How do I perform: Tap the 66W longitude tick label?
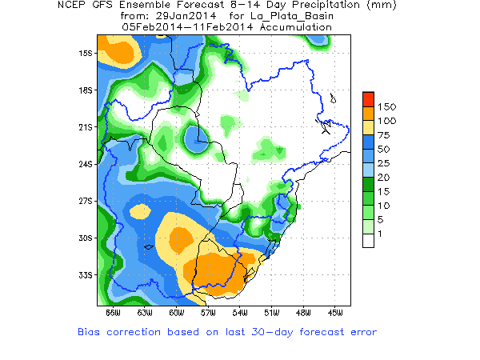point(112,312)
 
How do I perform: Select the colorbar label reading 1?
point(382,233)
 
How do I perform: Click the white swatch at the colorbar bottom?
point(368,240)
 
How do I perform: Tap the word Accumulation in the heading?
point(294,26)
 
